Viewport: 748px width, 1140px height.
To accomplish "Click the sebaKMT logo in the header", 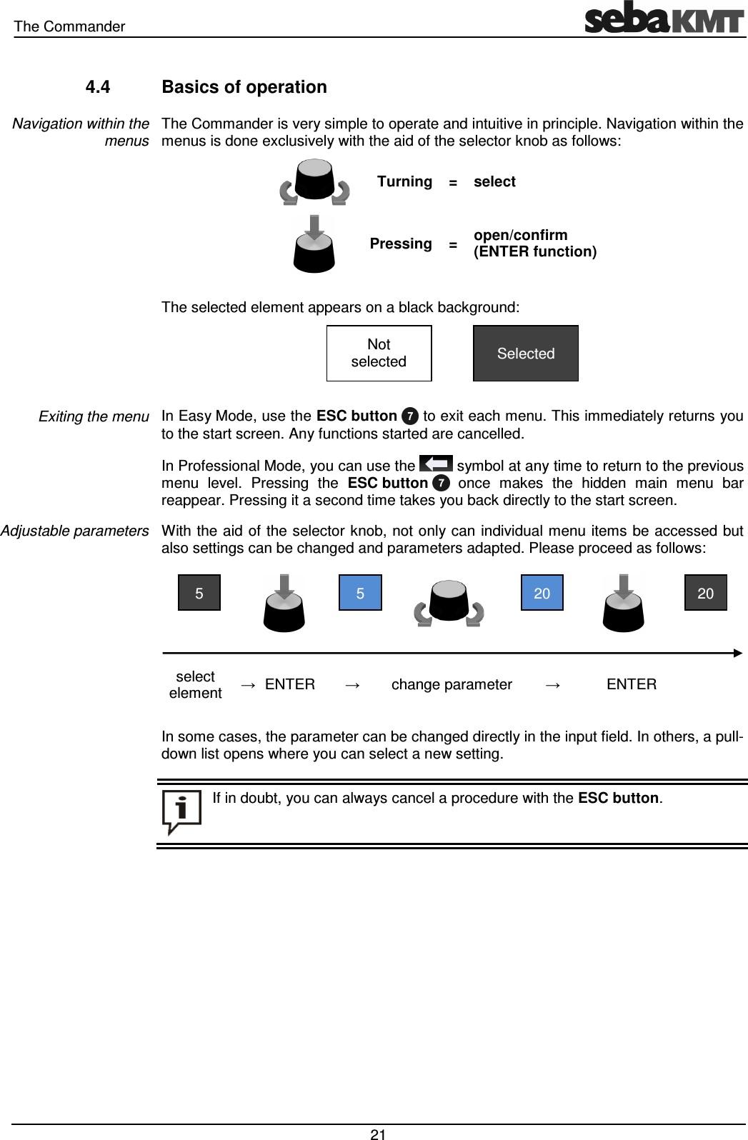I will click(x=664, y=18).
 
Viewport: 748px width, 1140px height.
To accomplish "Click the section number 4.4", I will click(x=98, y=87).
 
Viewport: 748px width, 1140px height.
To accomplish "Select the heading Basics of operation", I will click(x=244, y=87).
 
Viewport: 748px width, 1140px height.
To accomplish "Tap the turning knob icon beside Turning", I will click(x=314, y=181).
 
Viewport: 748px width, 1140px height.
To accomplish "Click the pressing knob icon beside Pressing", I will click(x=314, y=244).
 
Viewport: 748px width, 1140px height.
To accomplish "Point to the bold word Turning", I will click(x=404, y=181).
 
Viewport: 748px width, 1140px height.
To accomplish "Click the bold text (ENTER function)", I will click(x=535, y=251).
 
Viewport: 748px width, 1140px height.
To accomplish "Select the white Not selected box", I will click(x=379, y=353).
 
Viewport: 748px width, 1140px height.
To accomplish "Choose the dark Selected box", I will click(x=526, y=353).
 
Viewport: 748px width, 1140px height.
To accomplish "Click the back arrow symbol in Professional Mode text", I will click(x=436, y=464).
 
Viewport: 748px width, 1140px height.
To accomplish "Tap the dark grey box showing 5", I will click(x=199, y=593).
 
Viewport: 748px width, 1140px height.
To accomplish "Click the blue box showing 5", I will click(x=360, y=593).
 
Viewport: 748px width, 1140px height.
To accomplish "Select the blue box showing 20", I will click(x=542, y=593).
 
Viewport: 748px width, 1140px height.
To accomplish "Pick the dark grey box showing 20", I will click(x=705, y=593).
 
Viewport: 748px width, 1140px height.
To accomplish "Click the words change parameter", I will click(x=452, y=684).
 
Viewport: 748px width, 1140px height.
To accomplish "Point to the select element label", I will click(x=195, y=684).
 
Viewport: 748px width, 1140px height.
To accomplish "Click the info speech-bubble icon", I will click(x=181, y=812).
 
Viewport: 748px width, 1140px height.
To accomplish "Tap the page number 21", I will click(x=378, y=1134).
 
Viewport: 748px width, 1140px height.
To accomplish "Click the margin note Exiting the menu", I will click(x=94, y=416).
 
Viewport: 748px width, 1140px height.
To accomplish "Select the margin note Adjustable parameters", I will click(x=74, y=531).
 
